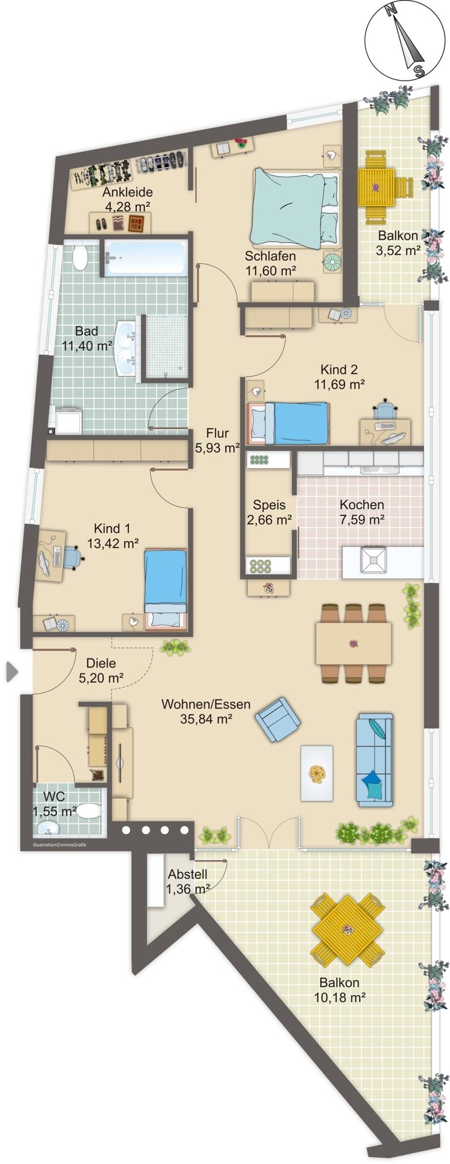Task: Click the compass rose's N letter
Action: tap(391, 10)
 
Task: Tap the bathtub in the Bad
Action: tap(145, 257)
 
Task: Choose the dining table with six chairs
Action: tap(354, 643)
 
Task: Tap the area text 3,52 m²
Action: tap(398, 250)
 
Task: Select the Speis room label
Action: tap(270, 504)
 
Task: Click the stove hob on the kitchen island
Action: tap(373, 560)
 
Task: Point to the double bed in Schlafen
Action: tap(296, 209)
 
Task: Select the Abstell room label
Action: tap(188, 874)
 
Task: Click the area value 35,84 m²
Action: tap(207, 719)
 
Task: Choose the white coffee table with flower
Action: tap(317, 773)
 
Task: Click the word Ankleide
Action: tap(127, 192)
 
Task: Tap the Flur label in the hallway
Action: tap(217, 433)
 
